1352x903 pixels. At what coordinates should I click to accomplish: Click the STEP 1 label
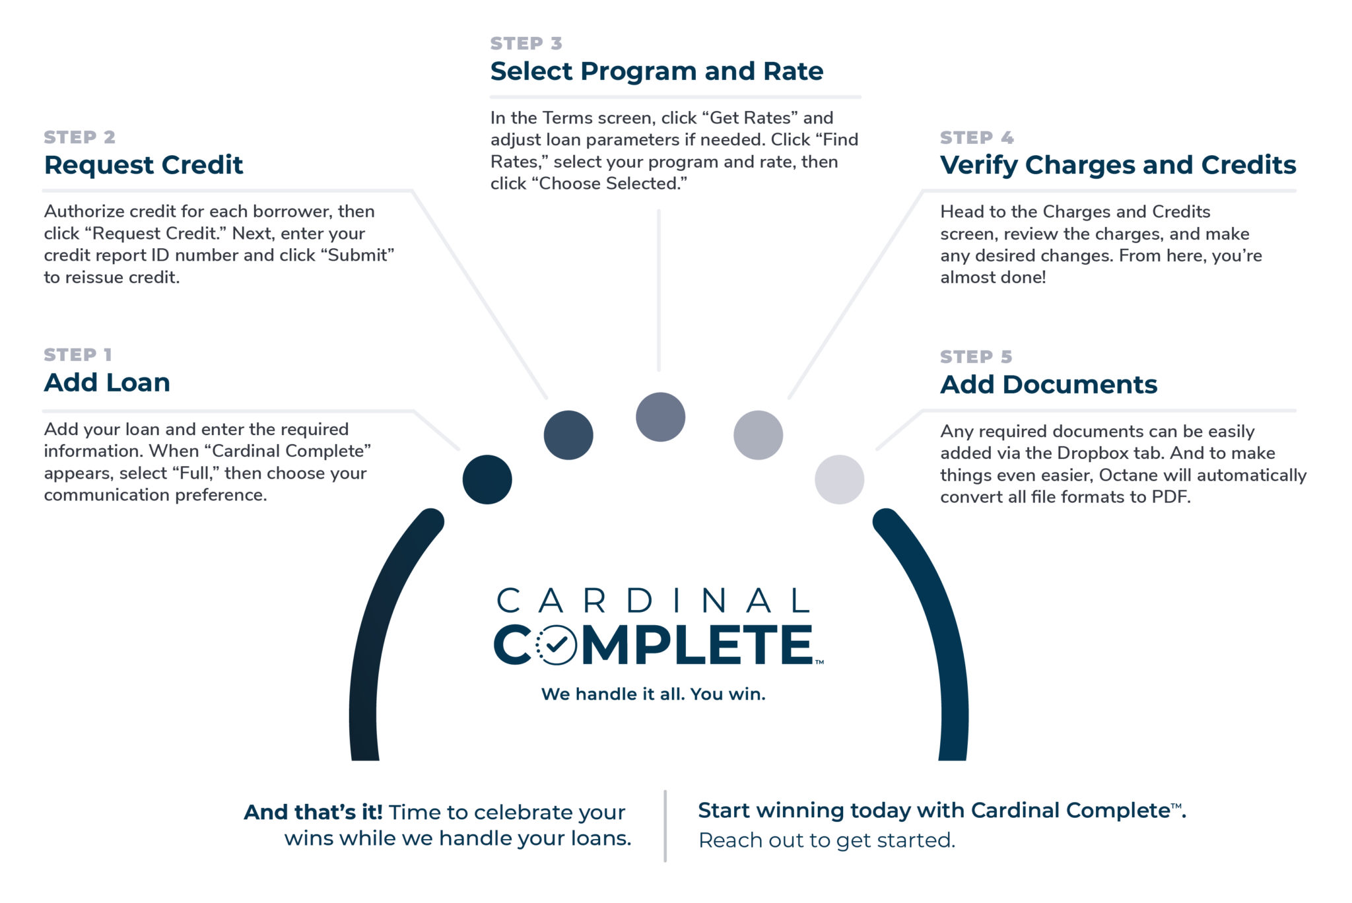[x=78, y=355]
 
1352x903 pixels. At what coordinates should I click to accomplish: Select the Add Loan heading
[x=107, y=383]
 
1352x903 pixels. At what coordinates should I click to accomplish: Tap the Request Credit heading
[x=143, y=165]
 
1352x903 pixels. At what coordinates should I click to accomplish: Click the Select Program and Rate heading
[x=656, y=71]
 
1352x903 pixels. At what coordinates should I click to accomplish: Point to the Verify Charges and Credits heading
[x=1118, y=165]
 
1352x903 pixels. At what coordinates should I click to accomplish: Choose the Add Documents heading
[x=1048, y=385]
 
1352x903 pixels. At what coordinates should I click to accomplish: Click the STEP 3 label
[x=526, y=44]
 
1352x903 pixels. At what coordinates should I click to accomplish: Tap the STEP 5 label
[x=976, y=357]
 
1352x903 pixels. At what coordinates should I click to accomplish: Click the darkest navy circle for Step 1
[x=487, y=479]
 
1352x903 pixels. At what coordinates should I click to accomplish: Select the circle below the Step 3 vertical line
[x=660, y=417]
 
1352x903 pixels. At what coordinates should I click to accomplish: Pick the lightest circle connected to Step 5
[x=839, y=479]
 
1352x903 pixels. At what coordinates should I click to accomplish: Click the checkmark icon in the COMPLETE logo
[x=556, y=644]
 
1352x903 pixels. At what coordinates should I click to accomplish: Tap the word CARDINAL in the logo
[x=653, y=601]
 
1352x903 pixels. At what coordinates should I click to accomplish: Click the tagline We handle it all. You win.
[x=653, y=694]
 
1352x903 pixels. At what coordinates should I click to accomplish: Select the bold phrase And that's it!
[x=313, y=812]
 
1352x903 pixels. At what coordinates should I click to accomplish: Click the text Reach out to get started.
[x=827, y=840]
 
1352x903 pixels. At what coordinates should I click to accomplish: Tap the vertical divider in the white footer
[x=665, y=825]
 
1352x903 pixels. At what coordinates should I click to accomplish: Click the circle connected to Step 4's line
[x=758, y=435]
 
